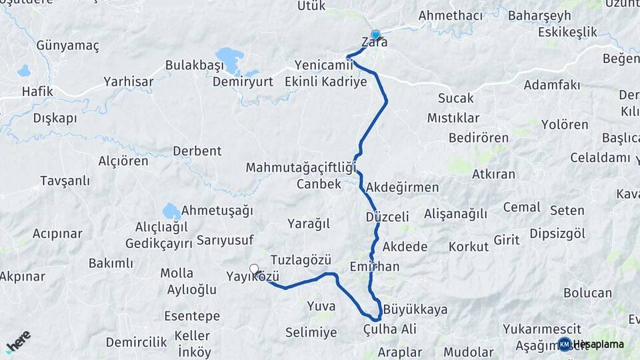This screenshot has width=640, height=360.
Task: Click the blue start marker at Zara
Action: pyautogui.click(x=375, y=35)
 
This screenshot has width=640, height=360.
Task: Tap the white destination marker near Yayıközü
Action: pyautogui.click(x=254, y=269)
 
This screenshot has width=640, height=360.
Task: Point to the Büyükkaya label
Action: pyautogui.click(x=415, y=310)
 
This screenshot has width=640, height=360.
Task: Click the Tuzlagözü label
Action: pyautogui.click(x=301, y=260)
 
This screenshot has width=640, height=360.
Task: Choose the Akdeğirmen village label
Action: pyautogui.click(x=403, y=187)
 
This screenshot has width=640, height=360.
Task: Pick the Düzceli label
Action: pyautogui.click(x=387, y=217)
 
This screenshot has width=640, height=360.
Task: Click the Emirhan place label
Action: pyautogui.click(x=375, y=267)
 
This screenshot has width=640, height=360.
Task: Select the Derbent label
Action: pyautogui.click(x=197, y=151)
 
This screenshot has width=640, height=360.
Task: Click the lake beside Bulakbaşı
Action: pyautogui.click(x=229, y=59)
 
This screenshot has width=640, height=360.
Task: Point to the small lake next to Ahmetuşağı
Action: pyautogui.click(x=171, y=212)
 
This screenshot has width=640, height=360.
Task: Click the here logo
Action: pyautogui.click(x=19, y=340)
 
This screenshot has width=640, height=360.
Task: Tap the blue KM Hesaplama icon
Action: pyautogui.click(x=565, y=344)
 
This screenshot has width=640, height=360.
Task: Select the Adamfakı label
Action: pyautogui.click(x=551, y=85)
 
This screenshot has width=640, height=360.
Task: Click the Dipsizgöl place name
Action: pyautogui.click(x=557, y=233)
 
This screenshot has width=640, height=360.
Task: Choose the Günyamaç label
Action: pyautogui.click(x=67, y=46)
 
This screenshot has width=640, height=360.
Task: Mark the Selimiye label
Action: pyautogui.click(x=311, y=332)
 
